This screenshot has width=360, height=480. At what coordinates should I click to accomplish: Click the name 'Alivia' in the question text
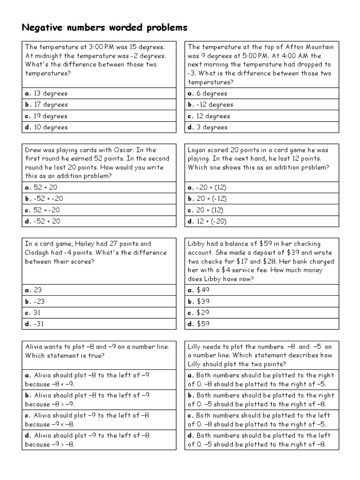pos(36,347)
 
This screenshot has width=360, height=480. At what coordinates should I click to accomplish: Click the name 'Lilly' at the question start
pos(196,347)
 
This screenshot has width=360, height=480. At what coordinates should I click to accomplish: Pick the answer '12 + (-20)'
pos(211,221)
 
